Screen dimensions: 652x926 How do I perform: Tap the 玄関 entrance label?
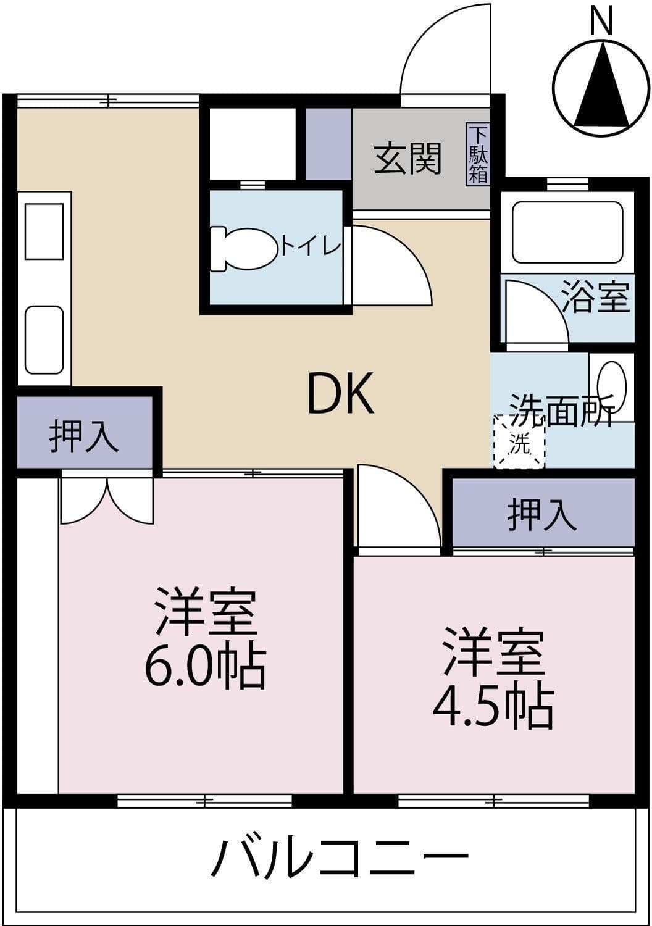[x=408, y=158]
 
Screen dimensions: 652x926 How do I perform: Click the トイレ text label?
[x=311, y=247]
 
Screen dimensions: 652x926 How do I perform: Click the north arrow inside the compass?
[x=601, y=84]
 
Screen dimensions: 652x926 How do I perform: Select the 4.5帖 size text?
[x=493, y=709]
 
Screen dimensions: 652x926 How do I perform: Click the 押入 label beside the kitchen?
[x=84, y=436]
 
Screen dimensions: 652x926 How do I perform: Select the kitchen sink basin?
[x=44, y=340]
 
